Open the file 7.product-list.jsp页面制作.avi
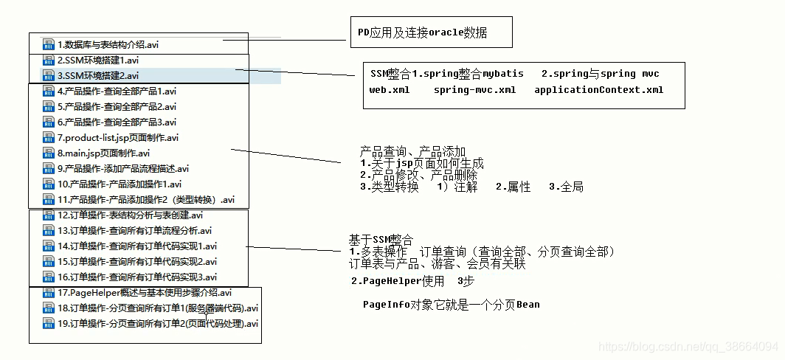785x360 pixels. pyautogui.click(x=117, y=137)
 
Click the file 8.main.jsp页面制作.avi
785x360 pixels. pyautogui.click(x=103, y=153)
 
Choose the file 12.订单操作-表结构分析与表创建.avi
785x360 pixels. pyautogui.click(x=129, y=215)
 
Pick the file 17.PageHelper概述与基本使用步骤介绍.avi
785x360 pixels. pyautogui.click(x=145, y=292)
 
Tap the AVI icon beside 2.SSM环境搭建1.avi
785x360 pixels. pyautogui.click(x=49, y=60)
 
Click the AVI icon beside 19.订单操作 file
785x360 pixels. pyautogui.click(x=49, y=324)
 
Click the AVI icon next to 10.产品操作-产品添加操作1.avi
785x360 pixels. pyautogui.click(x=49, y=184)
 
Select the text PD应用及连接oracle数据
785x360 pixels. pyautogui.click(x=422, y=33)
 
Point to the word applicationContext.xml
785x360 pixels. pyautogui.click(x=598, y=90)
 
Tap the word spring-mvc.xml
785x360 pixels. pyautogui.click(x=474, y=90)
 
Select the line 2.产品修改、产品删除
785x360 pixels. pyautogui.click(x=418, y=175)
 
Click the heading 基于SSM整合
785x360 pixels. pyautogui.click(x=381, y=240)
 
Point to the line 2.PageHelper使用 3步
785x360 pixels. pyautogui.click(x=412, y=281)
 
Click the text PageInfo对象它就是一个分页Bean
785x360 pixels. pyautogui.click(x=451, y=305)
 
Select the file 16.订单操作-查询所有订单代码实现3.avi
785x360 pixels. pyautogui.click(x=137, y=277)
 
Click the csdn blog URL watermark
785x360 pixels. pyautogui.click(x=687, y=346)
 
